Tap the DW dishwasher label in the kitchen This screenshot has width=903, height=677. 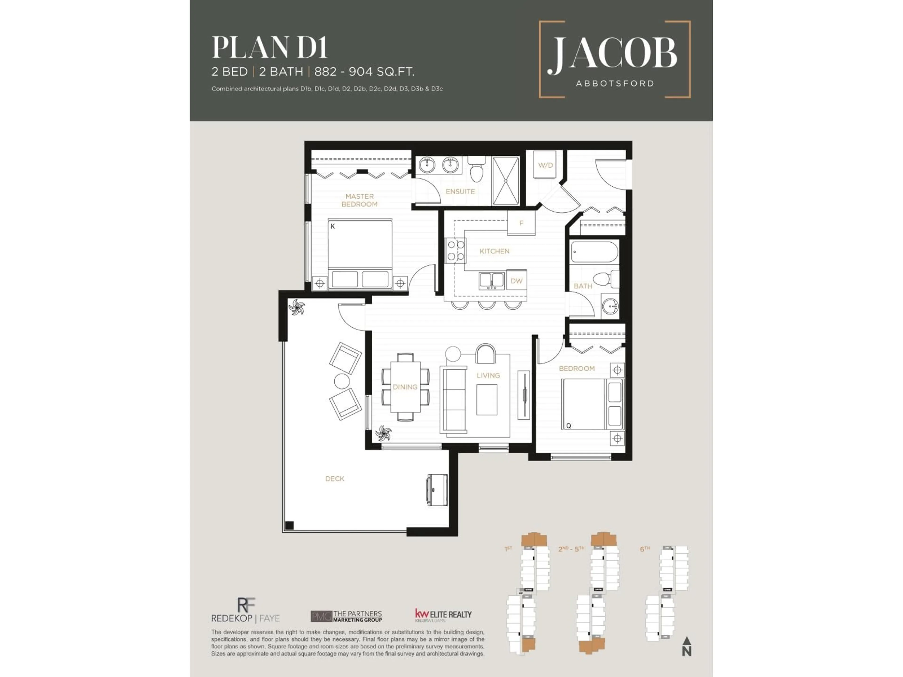[516, 281]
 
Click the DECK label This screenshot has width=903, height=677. [335, 479]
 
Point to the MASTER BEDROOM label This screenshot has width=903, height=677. [359, 200]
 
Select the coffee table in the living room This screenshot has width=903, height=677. [487, 400]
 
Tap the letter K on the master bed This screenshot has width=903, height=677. [333, 226]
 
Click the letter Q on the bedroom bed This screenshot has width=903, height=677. [568, 426]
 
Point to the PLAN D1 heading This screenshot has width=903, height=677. [270, 48]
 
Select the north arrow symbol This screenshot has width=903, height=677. [687, 646]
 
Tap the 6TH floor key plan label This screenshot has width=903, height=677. [645, 549]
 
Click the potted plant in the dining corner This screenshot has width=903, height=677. [383, 433]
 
